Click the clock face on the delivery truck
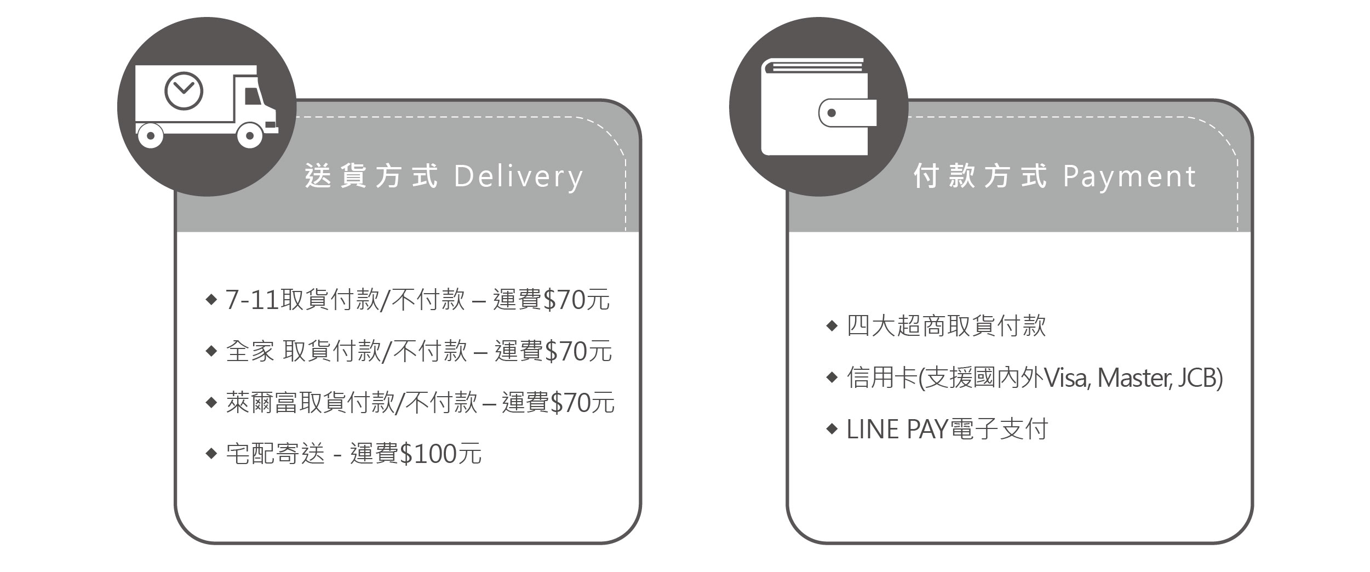click(184, 91)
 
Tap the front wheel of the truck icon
click(250, 135)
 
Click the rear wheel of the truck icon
click(150, 135)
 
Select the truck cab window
click(252, 96)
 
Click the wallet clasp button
click(832, 113)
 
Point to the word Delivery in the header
click(519, 176)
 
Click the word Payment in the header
click(1130, 176)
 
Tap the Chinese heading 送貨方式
click(371, 176)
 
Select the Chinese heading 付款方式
click(981, 176)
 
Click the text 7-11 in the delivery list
click(252, 300)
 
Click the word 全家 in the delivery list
click(250, 351)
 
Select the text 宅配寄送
click(275, 454)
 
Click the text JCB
click(1196, 378)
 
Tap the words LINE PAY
click(897, 429)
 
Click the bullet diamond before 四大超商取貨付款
click(832, 326)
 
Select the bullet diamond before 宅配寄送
click(211, 454)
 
